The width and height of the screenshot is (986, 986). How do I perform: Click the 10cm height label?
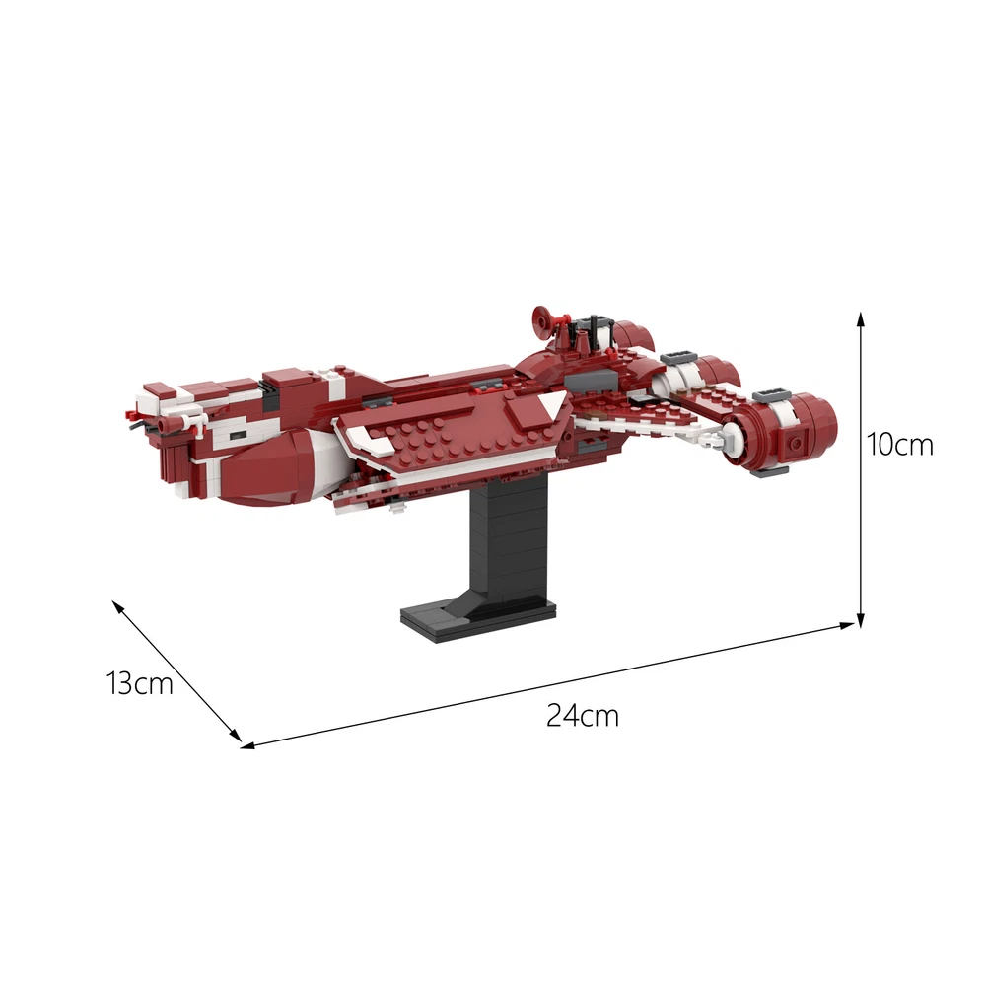coord(900,445)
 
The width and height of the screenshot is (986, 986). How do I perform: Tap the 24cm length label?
coord(583,716)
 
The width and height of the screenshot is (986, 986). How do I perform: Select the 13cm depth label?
coord(140,683)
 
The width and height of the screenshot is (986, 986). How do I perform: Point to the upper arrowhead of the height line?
coord(861,317)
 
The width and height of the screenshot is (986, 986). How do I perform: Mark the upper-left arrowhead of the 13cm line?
coord(117,605)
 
